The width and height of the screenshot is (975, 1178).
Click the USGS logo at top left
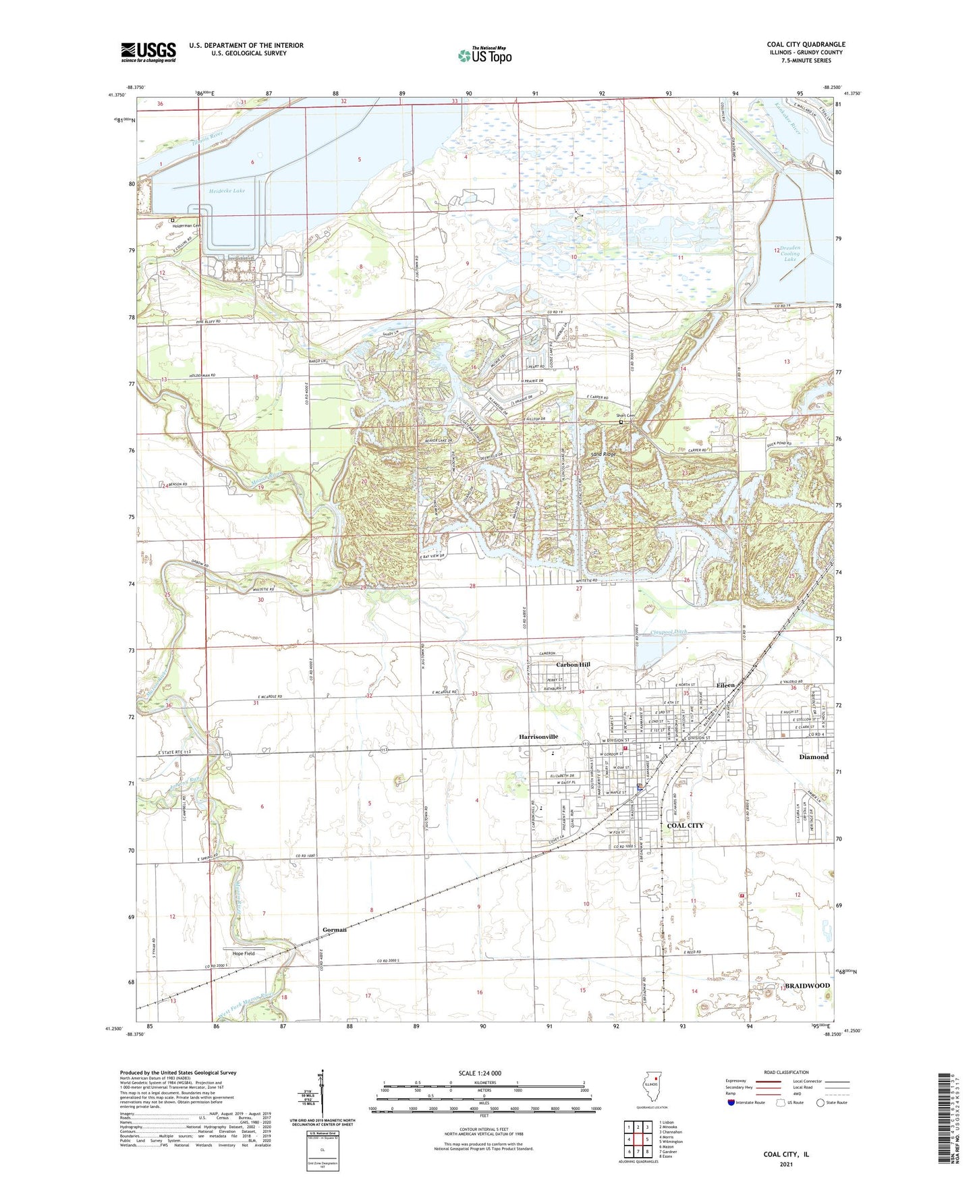click(x=148, y=52)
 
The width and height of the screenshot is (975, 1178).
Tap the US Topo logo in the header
click(x=484, y=55)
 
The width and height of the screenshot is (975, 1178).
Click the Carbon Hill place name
click(x=573, y=665)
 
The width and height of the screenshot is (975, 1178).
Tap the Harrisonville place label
click(x=538, y=737)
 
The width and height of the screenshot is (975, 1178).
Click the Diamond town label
click(x=814, y=757)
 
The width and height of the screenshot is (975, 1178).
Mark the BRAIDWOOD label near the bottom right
click(x=807, y=986)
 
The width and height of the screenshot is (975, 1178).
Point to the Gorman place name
click(x=334, y=930)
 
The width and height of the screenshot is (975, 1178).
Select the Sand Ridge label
click(x=603, y=455)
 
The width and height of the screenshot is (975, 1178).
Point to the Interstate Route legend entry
click(x=746, y=1102)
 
